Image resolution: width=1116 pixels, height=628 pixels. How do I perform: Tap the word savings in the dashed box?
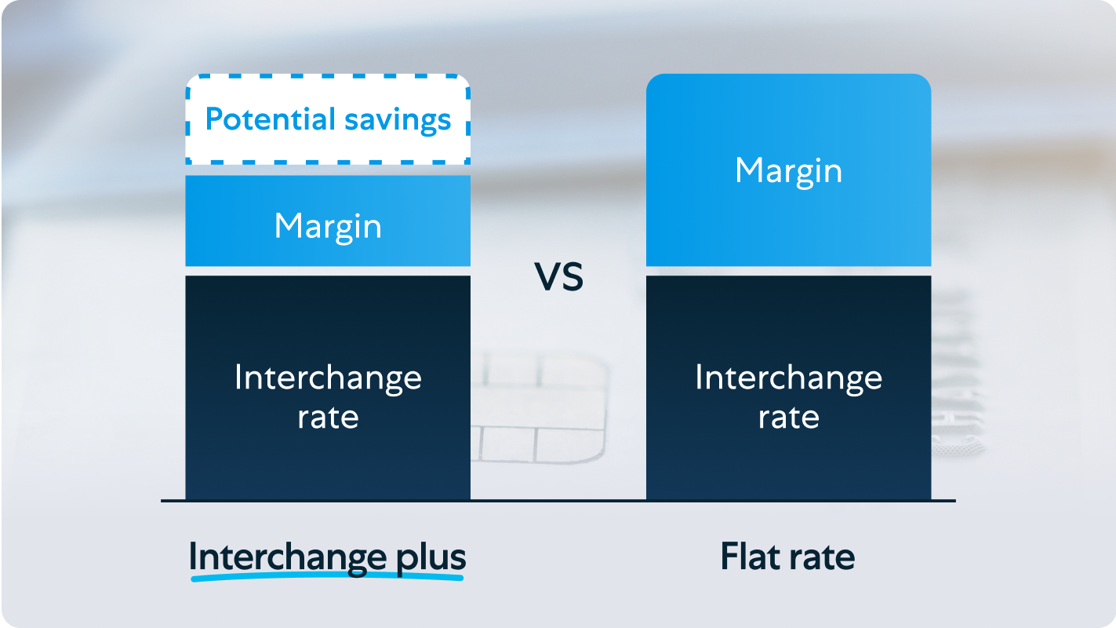(398, 121)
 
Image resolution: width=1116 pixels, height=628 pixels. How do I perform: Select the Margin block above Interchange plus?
(328, 221)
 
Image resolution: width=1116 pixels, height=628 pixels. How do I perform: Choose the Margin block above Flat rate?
(789, 170)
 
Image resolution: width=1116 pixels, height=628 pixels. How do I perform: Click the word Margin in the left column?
(328, 228)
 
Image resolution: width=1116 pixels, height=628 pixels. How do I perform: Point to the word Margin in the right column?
(789, 172)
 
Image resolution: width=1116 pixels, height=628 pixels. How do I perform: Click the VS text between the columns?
(558, 277)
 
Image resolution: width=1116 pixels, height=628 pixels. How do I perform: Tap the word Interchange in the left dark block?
(328, 379)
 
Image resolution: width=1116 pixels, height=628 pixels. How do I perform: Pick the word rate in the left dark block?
(328, 417)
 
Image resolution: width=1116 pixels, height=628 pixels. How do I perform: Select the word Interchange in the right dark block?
(789, 379)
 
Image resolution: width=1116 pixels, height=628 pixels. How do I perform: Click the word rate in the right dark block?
(789, 417)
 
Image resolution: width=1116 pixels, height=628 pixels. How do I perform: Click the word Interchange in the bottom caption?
(288, 557)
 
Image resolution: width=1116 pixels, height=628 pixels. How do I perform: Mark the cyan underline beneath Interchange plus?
(327, 577)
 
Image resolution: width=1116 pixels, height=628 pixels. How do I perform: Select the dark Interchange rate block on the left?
(328, 388)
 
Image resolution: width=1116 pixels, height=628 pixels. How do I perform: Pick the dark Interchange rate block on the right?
(789, 388)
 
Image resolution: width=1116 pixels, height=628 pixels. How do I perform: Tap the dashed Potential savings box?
(328, 76)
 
